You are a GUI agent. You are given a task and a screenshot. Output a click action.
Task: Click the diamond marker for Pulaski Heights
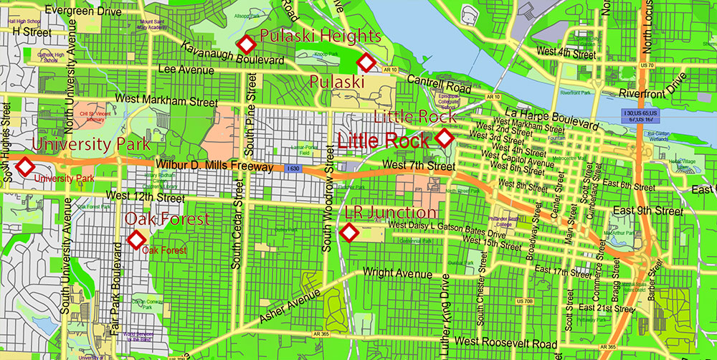point(247,44)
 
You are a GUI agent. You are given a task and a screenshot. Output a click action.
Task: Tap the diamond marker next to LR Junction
point(349,232)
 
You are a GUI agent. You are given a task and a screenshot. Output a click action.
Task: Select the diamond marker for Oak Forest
point(136,240)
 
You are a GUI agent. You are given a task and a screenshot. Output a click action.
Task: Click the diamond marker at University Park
point(26,167)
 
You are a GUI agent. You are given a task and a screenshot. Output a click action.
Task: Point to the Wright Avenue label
point(398,273)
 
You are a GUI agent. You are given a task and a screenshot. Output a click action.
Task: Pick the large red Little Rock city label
point(384,141)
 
